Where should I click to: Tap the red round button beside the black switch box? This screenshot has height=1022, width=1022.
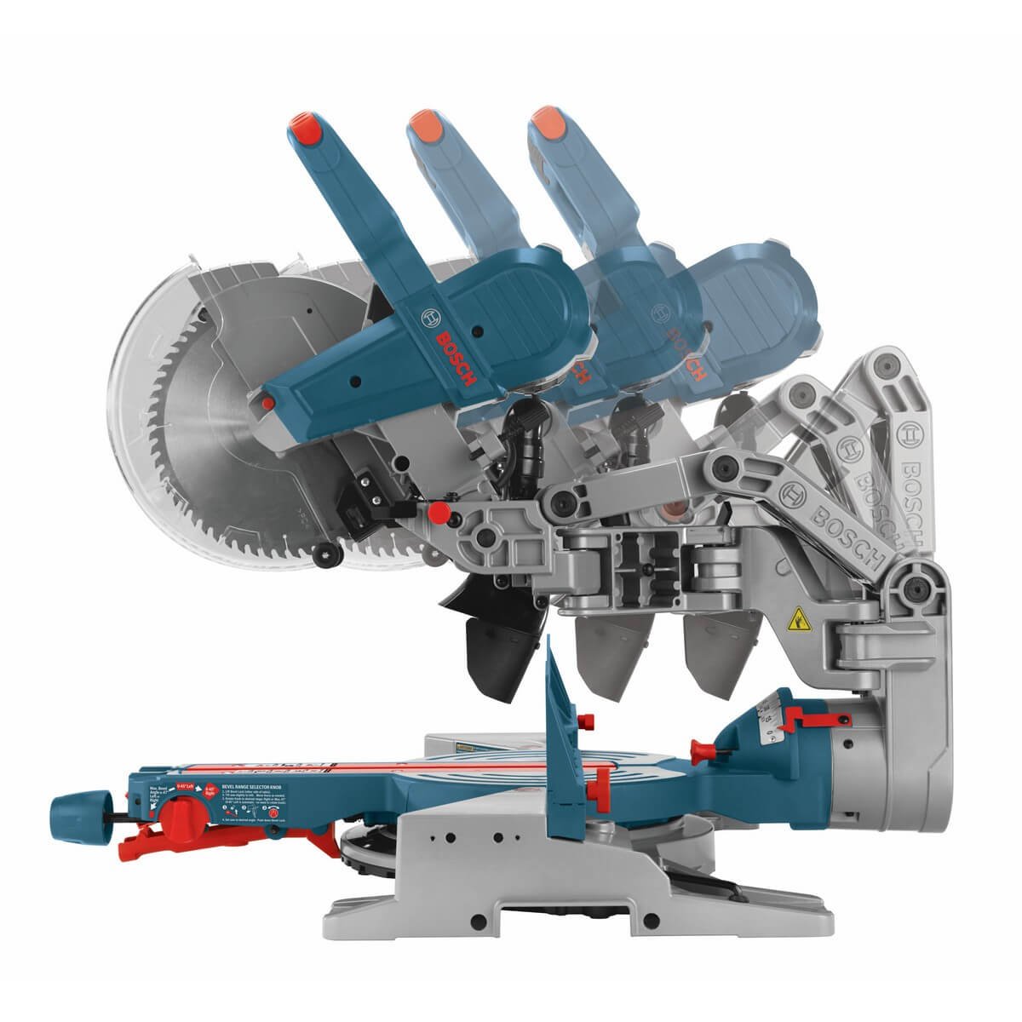pos(439,513)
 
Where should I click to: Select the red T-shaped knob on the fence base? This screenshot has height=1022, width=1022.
pos(703,750)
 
